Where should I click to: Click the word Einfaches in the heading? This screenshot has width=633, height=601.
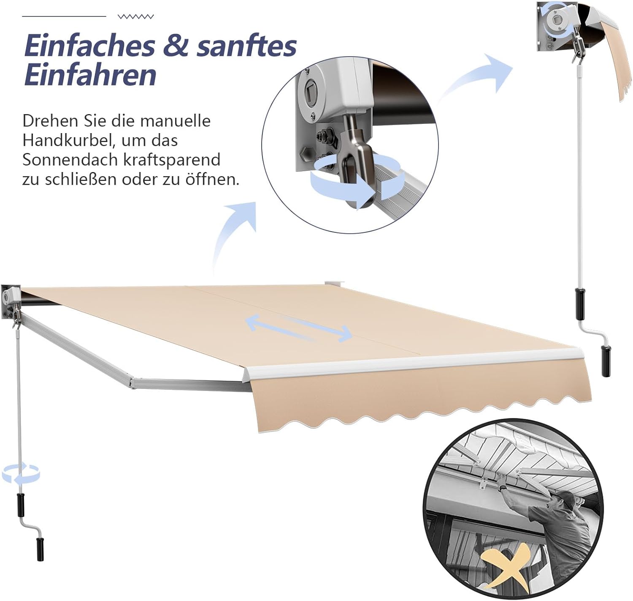(89, 46)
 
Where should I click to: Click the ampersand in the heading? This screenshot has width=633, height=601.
(176, 46)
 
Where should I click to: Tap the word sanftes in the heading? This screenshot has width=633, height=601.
(246, 46)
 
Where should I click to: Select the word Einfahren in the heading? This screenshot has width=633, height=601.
(90, 75)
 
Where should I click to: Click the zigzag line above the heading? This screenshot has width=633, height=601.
(135, 17)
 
